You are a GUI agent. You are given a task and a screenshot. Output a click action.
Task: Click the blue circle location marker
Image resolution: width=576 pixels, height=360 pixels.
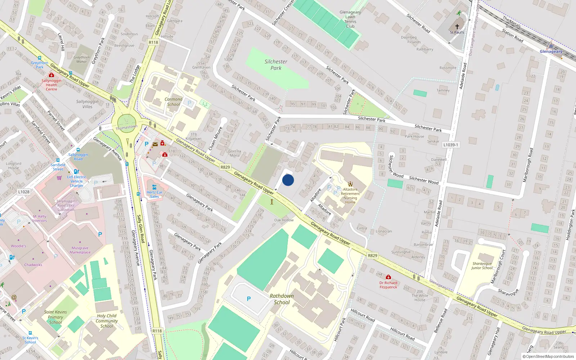click(x=288, y=180)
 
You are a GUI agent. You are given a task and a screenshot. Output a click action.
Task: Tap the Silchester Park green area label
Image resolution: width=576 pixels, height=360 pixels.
click(x=276, y=65)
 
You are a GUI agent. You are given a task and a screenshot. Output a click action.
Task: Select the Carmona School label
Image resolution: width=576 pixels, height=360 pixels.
click(x=174, y=102)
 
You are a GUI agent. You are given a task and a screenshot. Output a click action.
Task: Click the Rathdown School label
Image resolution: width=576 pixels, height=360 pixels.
click(x=282, y=299)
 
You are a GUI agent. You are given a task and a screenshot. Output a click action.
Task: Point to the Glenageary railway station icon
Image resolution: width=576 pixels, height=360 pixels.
click(x=550, y=45)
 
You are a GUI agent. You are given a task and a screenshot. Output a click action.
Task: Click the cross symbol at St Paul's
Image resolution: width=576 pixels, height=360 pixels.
click(x=457, y=27)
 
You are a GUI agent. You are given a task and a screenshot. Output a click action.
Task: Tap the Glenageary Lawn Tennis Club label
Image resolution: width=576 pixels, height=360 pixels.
click(x=350, y=19)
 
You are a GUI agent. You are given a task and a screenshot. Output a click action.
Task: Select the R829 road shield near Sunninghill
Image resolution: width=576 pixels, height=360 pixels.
click(x=373, y=256)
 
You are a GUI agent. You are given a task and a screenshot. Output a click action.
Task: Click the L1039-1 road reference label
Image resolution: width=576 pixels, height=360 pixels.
click(x=451, y=145)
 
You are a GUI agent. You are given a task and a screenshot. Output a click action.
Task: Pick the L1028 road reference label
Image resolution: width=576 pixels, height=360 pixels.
click(x=24, y=192)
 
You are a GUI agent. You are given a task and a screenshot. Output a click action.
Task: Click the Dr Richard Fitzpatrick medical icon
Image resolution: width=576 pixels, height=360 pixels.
click(x=388, y=277)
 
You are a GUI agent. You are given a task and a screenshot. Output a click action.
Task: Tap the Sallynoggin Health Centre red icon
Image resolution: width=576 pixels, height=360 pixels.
click(x=51, y=75)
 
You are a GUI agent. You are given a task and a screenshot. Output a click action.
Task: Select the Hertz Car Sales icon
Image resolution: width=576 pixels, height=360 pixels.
click(x=154, y=187)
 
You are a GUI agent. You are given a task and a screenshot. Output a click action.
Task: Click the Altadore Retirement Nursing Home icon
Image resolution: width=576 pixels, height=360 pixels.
click(x=350, y=184)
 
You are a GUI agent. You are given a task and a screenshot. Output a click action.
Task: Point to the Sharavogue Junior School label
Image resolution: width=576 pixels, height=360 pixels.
click(x=482, y=266)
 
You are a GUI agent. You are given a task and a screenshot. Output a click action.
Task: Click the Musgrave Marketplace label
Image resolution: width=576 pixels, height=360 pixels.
click(x=80, y=250)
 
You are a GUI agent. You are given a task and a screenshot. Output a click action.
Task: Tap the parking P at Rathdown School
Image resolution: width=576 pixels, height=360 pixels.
click(x=249, y=299)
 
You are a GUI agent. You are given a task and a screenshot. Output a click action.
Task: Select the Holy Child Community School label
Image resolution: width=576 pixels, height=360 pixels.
click(x=107, y=321)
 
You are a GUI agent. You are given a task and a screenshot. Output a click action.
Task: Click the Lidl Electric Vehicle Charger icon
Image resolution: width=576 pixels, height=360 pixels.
click(x=76, y=172)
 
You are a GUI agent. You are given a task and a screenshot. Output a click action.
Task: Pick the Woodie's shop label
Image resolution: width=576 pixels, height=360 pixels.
click(x=18, y=246)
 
